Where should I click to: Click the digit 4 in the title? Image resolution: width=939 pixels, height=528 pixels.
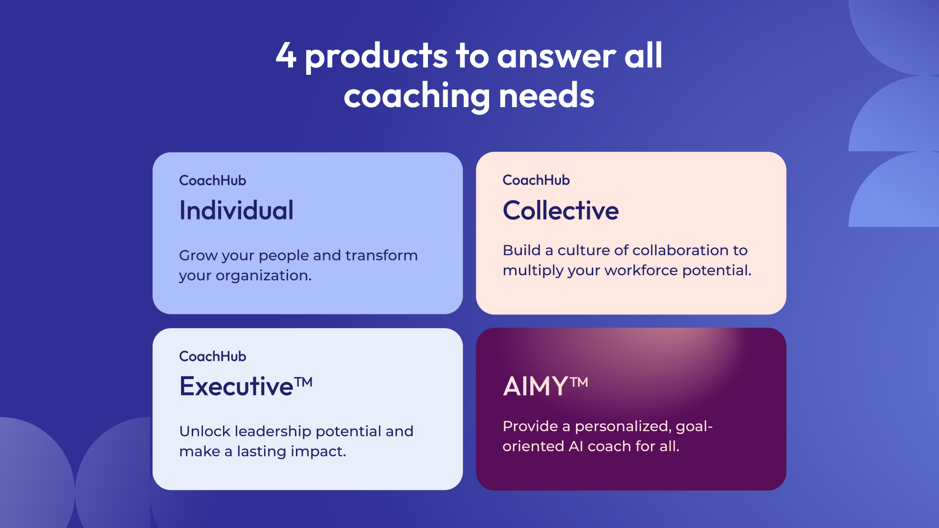click(x=286, y=55)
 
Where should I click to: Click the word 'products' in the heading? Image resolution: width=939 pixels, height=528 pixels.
click(x=376, y=57)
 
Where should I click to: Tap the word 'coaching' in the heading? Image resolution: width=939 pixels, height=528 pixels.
click(x=417, y=96)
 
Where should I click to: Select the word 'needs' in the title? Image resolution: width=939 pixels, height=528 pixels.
click(x=546, y=95)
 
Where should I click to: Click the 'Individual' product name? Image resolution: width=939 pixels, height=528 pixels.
click(x=236, y=210)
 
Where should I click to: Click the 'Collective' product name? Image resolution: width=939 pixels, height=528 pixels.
click(x=560, y=210)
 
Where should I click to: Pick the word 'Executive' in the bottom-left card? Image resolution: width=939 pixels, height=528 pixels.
click(x=236, y=386)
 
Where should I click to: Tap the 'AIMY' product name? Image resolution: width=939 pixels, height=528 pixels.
click(x=535, y=386)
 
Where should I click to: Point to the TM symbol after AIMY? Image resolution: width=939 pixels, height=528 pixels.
click(x=579, y=382)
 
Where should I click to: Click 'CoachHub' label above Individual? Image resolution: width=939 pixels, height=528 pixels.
click(x=213, y=180)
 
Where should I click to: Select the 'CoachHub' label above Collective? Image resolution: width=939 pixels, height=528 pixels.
click(x=536, y=180)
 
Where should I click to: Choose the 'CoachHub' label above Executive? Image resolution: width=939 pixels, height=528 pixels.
click(x=213, y=356)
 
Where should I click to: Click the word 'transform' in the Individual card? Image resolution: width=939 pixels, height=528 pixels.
click(x=381, y=255)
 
